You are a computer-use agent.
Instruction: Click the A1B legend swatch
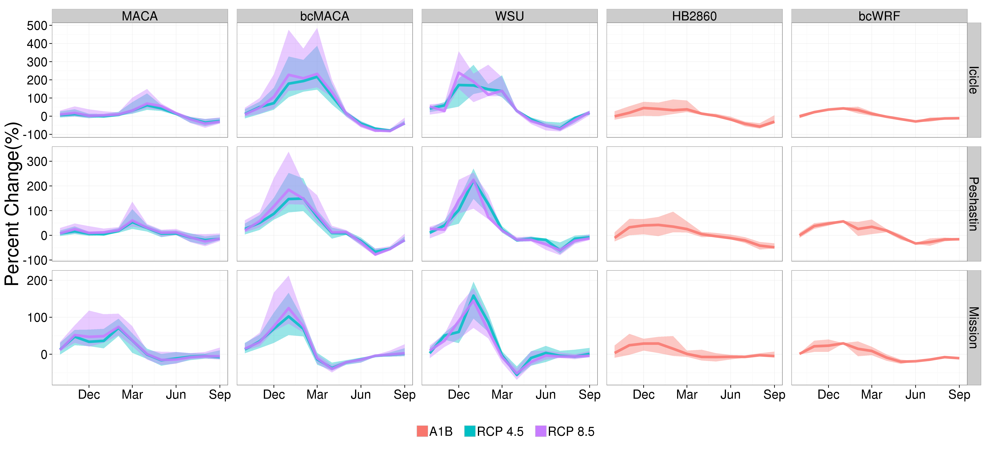pyautogui.click(x=422, y=431)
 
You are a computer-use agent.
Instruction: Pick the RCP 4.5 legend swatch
pyautogui.click(x=470, y=431)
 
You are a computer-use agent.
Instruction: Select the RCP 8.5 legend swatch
pyautogui.click(x=540, y=431)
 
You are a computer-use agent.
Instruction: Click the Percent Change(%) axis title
pyautogui.click(x=12, y=204)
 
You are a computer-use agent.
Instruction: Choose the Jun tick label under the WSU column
pyautogui.click(x=546, y=395)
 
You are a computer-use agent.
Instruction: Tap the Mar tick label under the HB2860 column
pyautogui.click(x=687, y=395)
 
